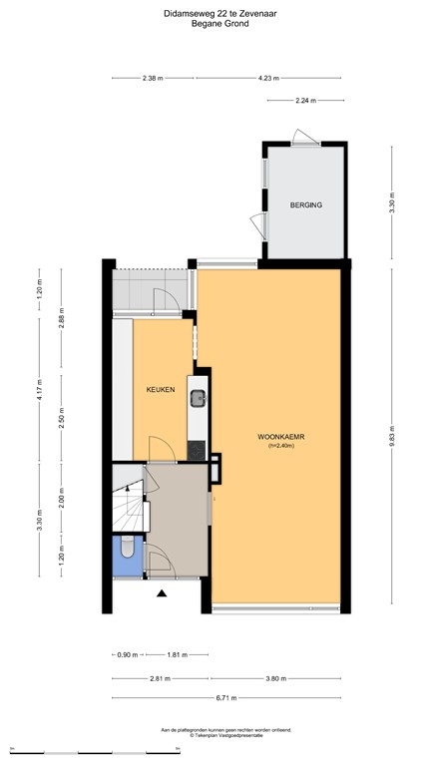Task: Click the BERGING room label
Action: pos(306,204)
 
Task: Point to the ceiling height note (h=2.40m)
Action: pos(276,447)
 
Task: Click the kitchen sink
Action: pos(199,400)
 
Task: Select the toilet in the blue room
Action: pos(128,549)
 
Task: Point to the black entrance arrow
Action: pos(162,595)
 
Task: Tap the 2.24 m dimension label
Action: pos(306,101)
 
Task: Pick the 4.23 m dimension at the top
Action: pos(267,78)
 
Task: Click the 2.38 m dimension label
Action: pos(152,78)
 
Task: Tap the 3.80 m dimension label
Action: pos(275,677)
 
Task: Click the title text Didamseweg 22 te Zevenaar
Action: pos(215,13)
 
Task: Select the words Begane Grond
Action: pos(215,24)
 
